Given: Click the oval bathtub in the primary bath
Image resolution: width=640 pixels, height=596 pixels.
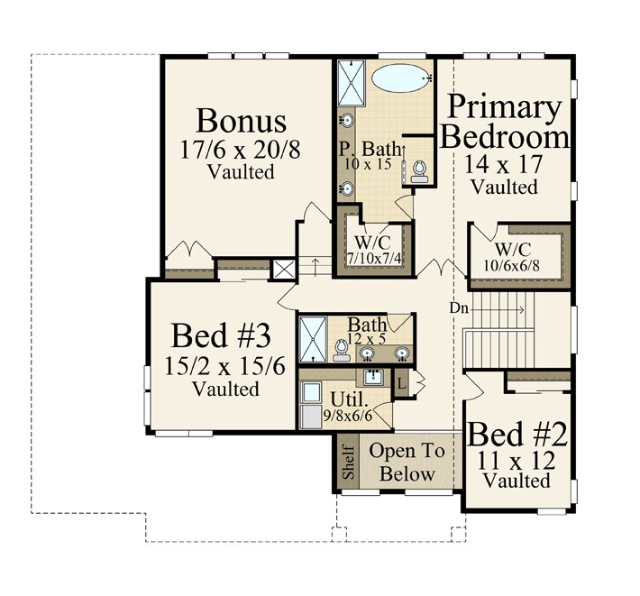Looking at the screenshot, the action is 402,77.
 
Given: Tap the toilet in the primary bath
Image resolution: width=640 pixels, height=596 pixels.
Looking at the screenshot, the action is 419,171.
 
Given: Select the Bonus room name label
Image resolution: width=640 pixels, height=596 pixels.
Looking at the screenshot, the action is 241,121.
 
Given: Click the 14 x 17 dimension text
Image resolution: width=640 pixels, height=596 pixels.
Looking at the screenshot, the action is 503,164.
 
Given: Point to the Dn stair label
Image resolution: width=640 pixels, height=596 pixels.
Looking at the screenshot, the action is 459,307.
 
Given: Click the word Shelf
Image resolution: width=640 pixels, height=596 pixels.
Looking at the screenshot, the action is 349,462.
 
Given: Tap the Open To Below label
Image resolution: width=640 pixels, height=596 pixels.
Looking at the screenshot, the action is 407,463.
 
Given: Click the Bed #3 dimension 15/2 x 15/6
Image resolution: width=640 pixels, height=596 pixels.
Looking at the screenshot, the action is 224,366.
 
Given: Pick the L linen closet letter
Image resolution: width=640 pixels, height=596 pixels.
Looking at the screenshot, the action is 402,384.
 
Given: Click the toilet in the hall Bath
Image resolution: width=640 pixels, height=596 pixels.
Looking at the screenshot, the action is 342,351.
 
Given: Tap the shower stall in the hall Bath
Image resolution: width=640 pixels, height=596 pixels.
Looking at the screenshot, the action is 313,339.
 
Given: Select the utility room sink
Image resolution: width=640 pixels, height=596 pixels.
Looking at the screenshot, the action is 373,377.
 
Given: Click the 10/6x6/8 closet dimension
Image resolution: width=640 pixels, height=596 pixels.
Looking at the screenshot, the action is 511,266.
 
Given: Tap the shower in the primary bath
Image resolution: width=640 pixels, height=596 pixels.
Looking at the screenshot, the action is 351,83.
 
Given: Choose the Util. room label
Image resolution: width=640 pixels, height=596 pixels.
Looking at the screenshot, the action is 346,398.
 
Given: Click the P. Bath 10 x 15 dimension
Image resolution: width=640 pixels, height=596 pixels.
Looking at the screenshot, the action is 368,164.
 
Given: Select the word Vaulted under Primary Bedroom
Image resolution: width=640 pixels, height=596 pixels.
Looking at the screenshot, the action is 505,187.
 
